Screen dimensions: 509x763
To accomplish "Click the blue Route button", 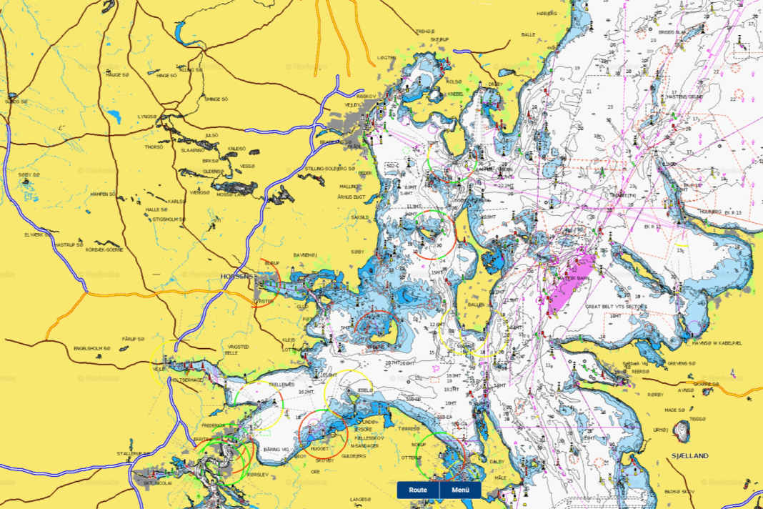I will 417,490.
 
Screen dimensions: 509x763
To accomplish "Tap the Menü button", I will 460,490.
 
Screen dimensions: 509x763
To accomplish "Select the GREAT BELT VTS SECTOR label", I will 616,307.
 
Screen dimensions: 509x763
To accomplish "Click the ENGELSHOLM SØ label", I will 92,348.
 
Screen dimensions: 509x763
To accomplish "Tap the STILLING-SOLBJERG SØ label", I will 329,169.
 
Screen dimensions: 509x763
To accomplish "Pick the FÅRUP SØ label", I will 133,339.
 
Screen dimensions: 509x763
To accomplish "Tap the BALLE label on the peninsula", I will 528,34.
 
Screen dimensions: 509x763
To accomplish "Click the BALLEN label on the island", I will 476,305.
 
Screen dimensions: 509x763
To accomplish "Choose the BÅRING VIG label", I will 276,450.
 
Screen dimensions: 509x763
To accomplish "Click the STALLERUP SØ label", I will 134,453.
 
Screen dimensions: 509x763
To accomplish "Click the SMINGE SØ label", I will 216,99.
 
